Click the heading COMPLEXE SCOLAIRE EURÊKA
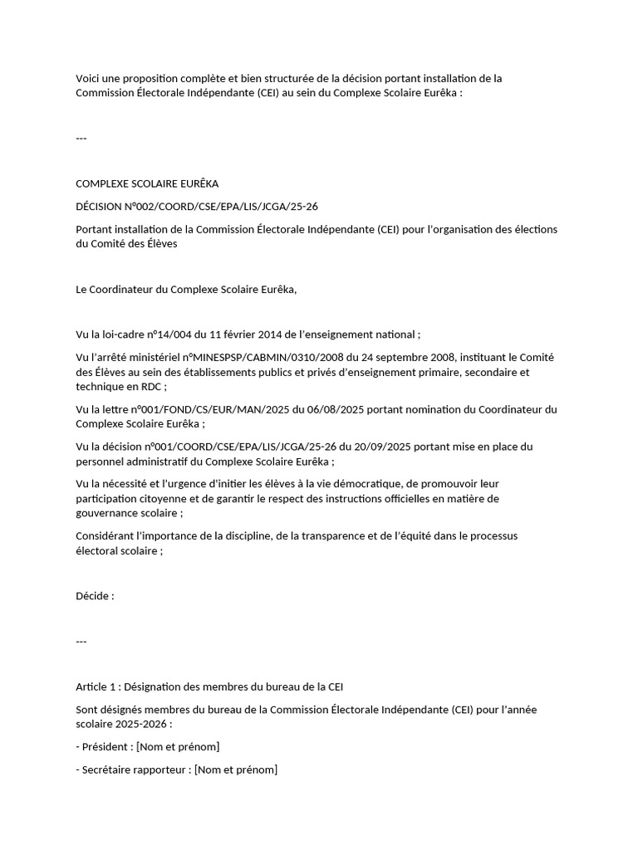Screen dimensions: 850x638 [x=147, y=183]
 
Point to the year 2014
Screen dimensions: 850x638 [x=268, y=335]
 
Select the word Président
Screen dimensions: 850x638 [x=105, y=746]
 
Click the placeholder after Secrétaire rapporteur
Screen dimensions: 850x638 [x=236, y=769]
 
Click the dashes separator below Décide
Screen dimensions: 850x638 [x=81, y=642]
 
